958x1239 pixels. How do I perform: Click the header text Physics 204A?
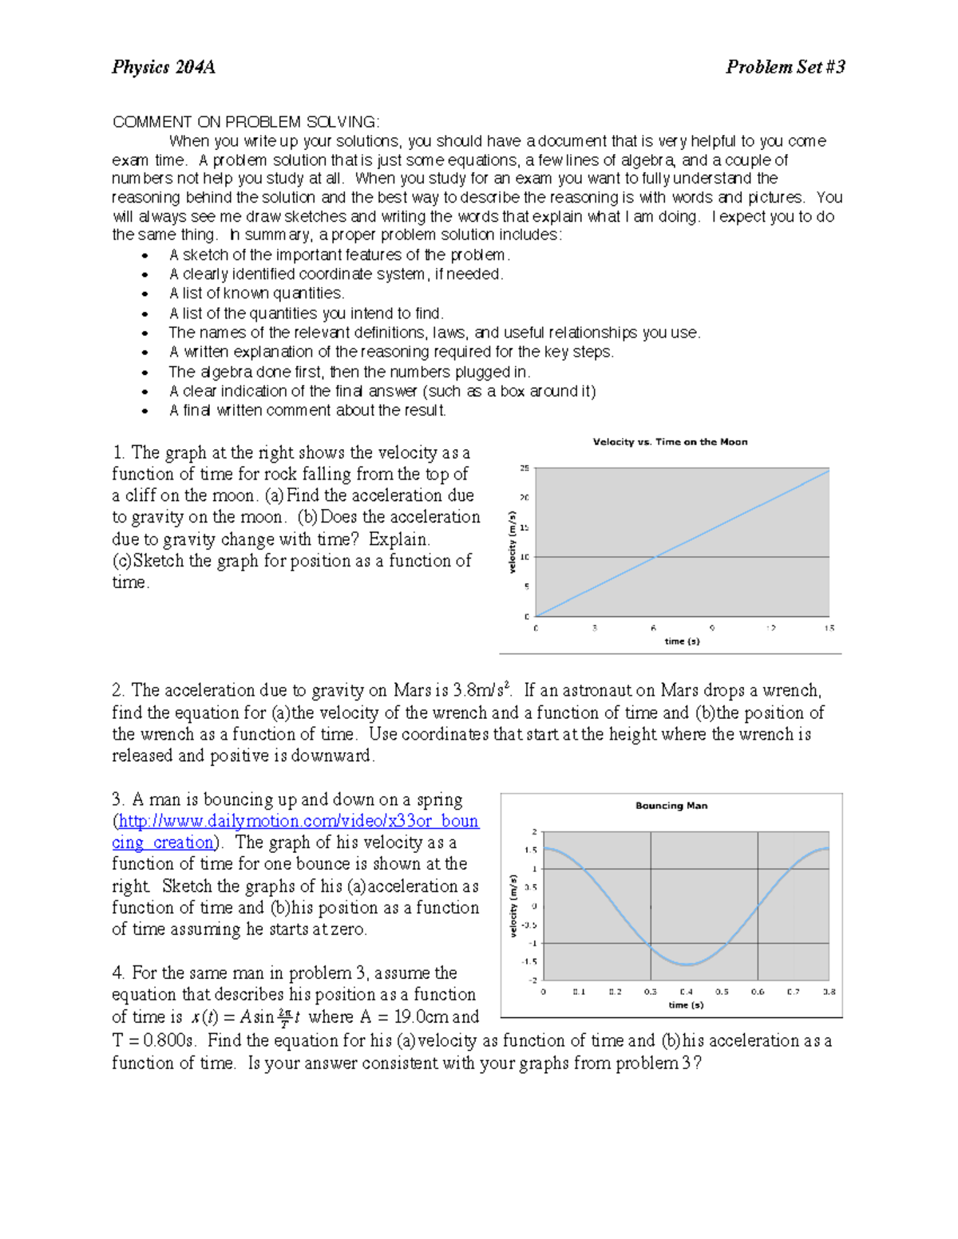(x=164, y=67)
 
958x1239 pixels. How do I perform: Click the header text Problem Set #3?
(x=785, y=67)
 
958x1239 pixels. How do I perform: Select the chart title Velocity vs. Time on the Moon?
(x=670, y=442)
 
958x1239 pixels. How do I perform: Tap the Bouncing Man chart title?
(x=671, y=806)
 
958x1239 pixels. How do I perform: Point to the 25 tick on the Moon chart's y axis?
(x=525, y=468)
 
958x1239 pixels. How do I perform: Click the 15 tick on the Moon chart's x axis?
(x=829, y=629)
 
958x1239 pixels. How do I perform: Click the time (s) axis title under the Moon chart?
(x=682, y=641)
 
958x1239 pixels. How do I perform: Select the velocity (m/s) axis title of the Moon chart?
(x=513, y=542)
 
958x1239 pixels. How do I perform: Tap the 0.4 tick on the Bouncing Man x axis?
(x=687, y=992)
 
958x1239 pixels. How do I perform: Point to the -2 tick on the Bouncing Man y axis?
(x=532, y=980)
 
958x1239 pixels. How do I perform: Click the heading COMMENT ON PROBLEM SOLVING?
(x=246, y=122)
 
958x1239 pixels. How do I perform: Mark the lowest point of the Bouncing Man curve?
(x=687, y=965)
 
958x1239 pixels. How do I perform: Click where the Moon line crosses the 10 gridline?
(x=654, y=557)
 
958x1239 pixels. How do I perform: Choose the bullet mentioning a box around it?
(x=382, y=392)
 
